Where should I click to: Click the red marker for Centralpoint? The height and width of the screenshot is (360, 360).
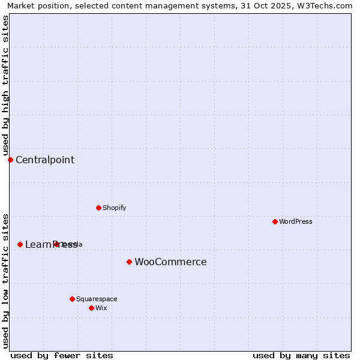(x=10, y=160)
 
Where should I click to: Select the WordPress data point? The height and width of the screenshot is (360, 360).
(x=275, y=221)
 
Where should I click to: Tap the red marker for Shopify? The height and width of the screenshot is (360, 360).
(x=98, y=208)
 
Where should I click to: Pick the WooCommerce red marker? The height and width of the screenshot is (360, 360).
(x=129, y=262)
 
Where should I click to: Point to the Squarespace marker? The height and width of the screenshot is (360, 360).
(x=72, y=299)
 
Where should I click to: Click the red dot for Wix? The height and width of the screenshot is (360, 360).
(x=91, y=308)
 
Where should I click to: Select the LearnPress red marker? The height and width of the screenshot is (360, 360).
(x=20, y=244)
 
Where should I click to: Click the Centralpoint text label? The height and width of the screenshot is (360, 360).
(x=45, y=160)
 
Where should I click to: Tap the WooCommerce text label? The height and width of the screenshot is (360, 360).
(x=170, y=262)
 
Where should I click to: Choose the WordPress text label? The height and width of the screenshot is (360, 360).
(x=296, y=221)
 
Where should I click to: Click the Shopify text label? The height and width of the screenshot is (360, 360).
(x=114, y=208)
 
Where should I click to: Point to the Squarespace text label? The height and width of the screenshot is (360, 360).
(x=97, y=299)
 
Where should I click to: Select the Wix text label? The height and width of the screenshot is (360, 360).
(x=101, y=308)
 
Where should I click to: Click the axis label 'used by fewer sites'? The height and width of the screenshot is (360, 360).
(x=62, y=355)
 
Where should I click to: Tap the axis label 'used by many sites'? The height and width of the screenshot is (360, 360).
(x=301, y=355)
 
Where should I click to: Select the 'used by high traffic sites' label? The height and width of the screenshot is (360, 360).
(x=5, y=85)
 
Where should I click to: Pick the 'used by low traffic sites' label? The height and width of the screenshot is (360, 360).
(x=5, y=280)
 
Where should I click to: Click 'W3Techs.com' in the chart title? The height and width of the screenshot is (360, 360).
(x=326, y=5)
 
